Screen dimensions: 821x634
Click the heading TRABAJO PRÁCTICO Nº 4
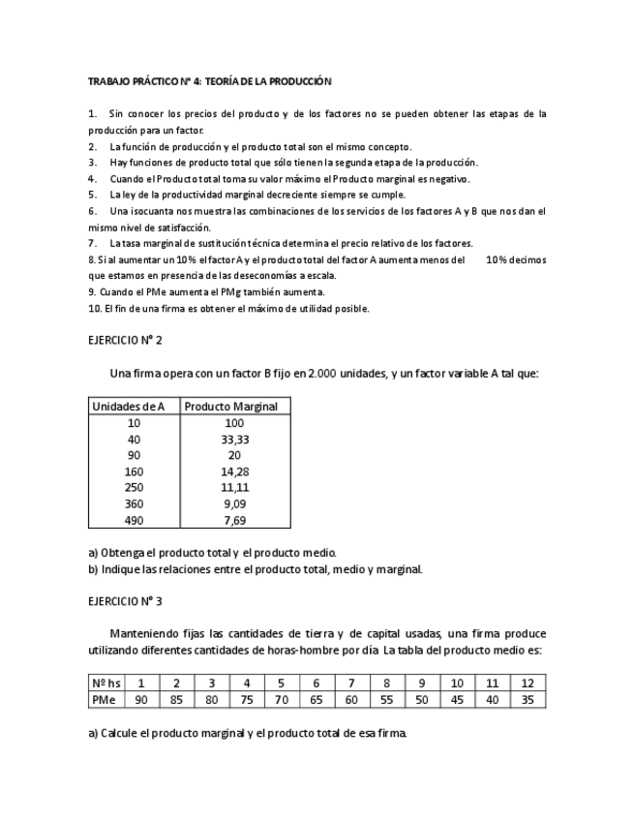tap(209, 81)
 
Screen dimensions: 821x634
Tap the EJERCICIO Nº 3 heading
tap(125, 600)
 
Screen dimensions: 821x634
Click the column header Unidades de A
tap(135, 407)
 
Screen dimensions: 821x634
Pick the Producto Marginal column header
tap(233, 407)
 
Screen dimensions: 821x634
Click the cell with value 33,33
tap(233, 439)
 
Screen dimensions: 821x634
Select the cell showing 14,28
tap(233, 471)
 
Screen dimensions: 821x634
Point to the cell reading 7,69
tap(233, 520)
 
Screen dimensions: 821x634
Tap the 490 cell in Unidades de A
tap(135, 520)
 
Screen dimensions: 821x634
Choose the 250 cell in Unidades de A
tap(135, 487)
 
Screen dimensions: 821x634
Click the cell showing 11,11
tap(233, 487)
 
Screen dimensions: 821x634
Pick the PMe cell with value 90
tap(141, 699)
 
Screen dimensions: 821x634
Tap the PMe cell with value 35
tap(527, 699)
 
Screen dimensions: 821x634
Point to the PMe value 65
tap(317, 699)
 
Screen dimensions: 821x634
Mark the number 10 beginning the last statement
tap(94, 309)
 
